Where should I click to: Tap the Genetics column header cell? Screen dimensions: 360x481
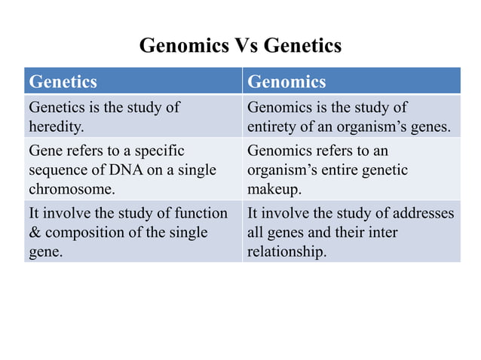pyautogui.click(x=133, y=81)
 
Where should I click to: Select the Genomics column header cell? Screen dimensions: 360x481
pyautogui.click(x=351, y=81)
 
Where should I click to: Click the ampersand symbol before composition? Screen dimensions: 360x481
pyautogui.click(x=32, y=233)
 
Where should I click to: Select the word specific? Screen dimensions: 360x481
pyautogui.click(x=157, y=150)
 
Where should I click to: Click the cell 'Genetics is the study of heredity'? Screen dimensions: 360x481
pyautogui.click(x=133, y=117)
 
